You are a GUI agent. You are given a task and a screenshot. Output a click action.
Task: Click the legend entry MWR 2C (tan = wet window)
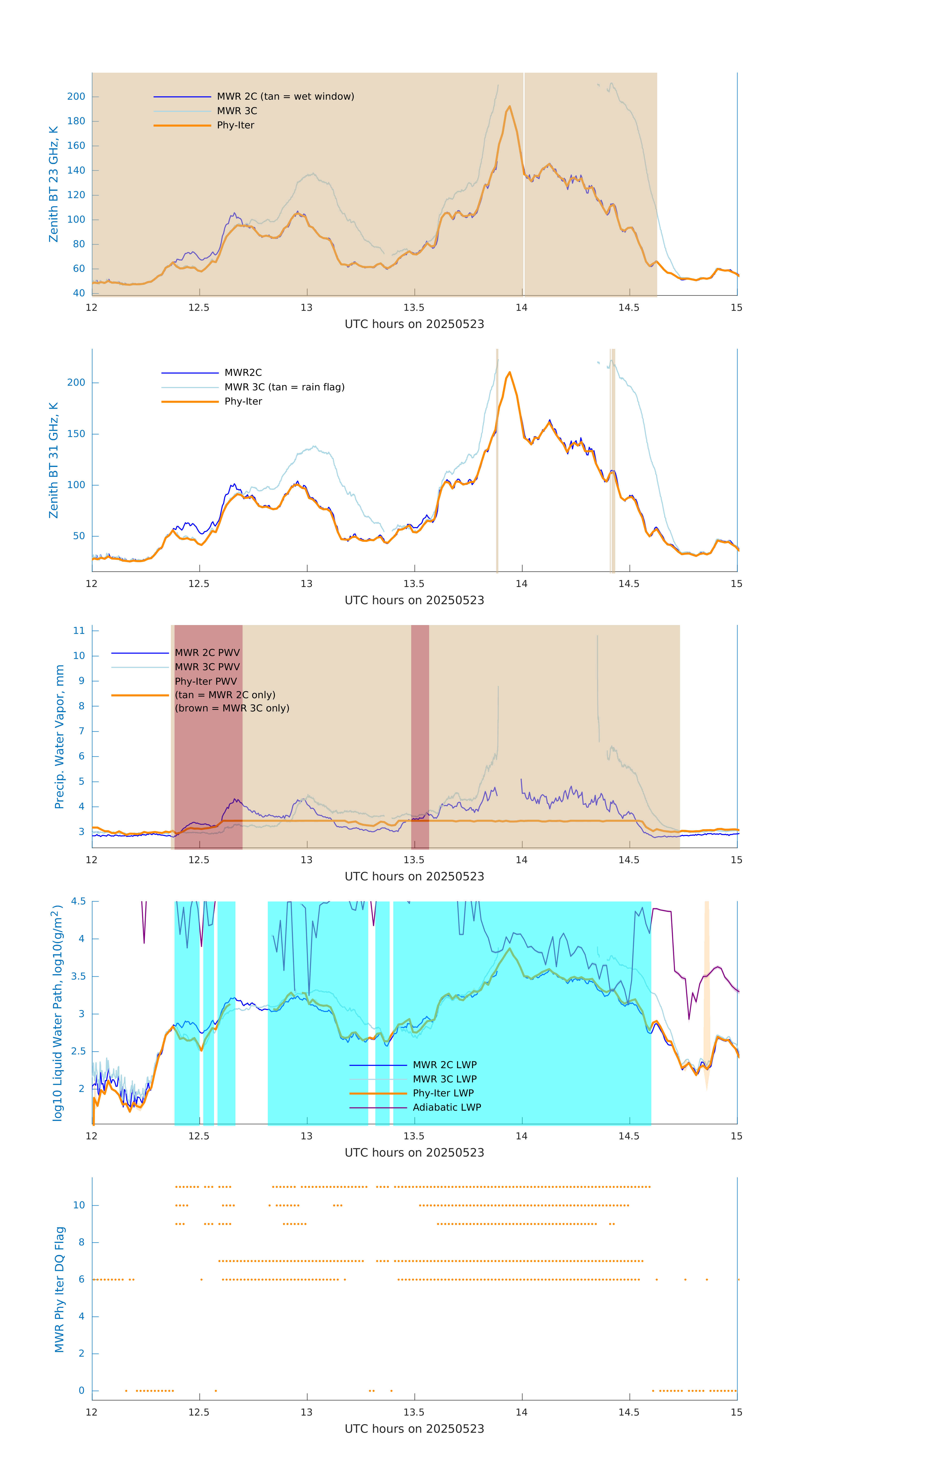point(285,97)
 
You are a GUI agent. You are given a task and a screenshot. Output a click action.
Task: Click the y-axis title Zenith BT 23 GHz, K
point(54,184)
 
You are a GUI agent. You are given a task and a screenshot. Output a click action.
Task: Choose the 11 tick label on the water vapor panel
point(79,631)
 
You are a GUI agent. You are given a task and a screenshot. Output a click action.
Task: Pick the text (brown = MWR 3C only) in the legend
point(232,708)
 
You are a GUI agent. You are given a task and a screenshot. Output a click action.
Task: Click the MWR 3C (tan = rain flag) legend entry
point(285,387)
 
